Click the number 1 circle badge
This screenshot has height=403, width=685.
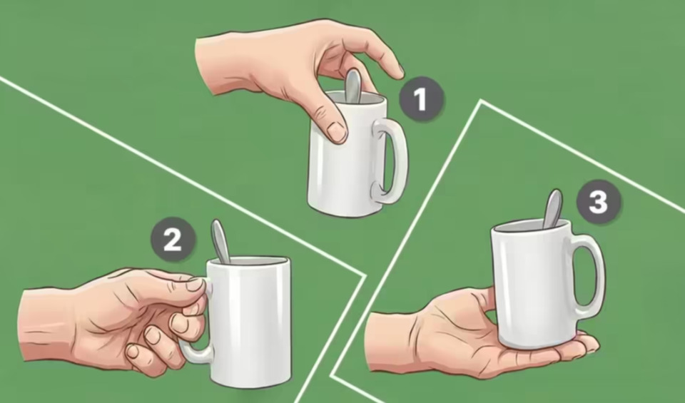pyautogui.click(x=421, y=99)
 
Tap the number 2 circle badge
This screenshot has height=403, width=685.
pyautogui.click(x=173, y=239)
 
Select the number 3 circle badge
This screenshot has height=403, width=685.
pyautogui.click(x=599, y=202)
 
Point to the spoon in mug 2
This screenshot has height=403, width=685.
pyautogui.click(x=220, y=242)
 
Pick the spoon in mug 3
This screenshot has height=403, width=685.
pyautogui.click(x=552, y=209)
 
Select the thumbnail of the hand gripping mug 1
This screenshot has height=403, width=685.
pyautogui.click(x=336, y=132)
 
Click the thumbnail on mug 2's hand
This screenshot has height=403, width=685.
pyautogui.click(x=196, y=284)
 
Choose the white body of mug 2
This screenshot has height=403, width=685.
pyautogui.click(x=250, y=323)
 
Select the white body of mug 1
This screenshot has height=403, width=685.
pyautogui.click(x=345, y=166)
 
